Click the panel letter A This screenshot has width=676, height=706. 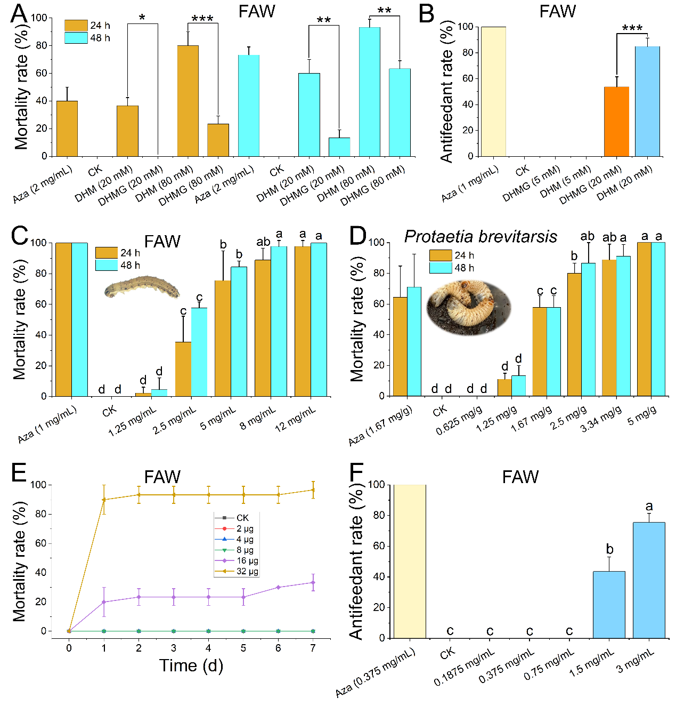[19, 13]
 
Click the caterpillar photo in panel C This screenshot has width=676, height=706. [142, 287]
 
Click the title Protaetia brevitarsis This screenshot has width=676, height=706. [480, 236]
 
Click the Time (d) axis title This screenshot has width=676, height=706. [191, 665]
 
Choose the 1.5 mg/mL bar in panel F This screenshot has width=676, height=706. [609, 605]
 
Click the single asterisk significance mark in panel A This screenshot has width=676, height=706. [142, 18]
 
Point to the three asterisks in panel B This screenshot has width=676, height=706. [632, 28]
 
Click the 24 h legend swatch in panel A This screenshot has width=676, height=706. [76, 26]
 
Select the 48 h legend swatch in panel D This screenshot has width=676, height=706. [441, 268]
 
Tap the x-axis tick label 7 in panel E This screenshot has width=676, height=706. [313, 648]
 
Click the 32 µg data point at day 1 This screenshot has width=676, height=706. [104, 500]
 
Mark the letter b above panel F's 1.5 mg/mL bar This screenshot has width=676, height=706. [609, 549]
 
